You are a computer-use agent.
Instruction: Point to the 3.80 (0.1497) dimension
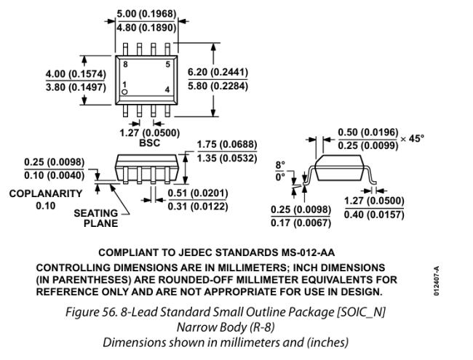(x=72, y=87)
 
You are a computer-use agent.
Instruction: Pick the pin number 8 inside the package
(x=125, y=64)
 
